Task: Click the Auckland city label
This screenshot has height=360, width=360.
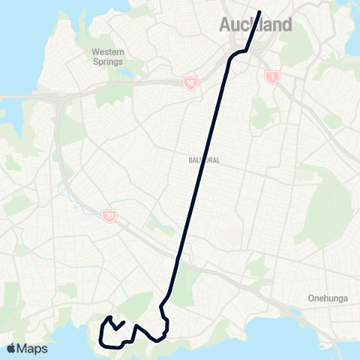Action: click(255, 25)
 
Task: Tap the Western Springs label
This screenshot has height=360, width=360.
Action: click(108, 56)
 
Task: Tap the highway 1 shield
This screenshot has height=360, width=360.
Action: click(272, 76)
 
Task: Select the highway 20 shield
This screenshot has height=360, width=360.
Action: click(109, 216)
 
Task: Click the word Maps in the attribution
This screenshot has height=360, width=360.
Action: click(33, 348)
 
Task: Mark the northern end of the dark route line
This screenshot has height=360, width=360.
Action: click(259, 12)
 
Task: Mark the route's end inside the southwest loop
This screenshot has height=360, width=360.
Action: click(123, 322)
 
